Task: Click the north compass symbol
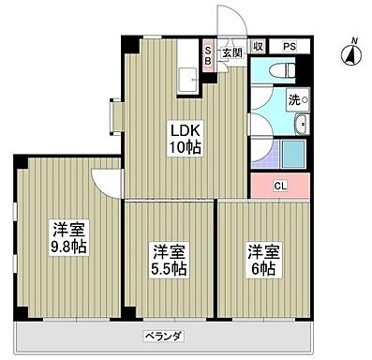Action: pyautogui.click(x=353, y=55)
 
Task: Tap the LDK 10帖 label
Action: pyautogui.click(x=182, y=139)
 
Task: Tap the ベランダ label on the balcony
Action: pyautogui.click(x=162, y=336)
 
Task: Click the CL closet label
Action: pyautogui.click(x=279, y=186)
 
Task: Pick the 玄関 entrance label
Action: pyautogui.click(x=231, y=52)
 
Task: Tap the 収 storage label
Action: pyautogui.click(x=257, y=45)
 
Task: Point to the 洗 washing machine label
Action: pyautogui.click(x=294, y=99)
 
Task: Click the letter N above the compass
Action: pyautogui.click(x=354, y=39)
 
